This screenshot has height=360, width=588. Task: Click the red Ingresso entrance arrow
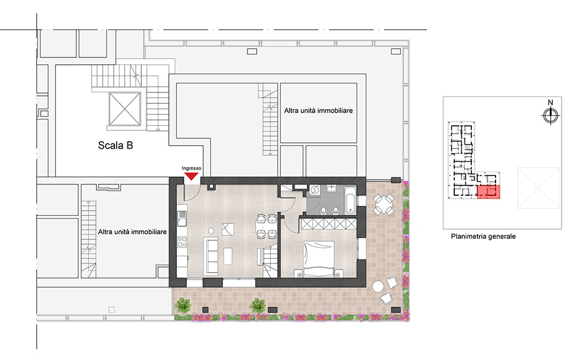coord(192,176)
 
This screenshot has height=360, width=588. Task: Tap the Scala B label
coord(115,145)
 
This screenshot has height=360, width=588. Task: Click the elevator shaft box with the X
coord(125,109)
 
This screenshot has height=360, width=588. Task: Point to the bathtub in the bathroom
coord(350,199)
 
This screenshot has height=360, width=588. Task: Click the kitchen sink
coord(182,218)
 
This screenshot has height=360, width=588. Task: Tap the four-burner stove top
coord(182,242)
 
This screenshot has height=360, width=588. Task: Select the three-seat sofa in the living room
coord(211,255)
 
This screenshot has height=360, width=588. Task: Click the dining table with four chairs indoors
coord(266,226)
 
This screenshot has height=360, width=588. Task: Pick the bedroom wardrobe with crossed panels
coord(329,224)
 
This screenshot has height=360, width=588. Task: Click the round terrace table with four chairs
coord(384,204)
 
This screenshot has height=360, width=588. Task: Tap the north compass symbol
coord(551,115)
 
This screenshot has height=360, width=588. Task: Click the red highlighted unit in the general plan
coord(488,192)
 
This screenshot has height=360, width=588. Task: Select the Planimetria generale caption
coord(483,236)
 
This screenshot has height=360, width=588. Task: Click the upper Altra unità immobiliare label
coord(318,111)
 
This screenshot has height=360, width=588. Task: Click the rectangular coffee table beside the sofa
coord(227,256)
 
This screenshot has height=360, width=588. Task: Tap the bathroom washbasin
coord(331,188)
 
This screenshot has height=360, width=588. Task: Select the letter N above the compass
coord(551,102)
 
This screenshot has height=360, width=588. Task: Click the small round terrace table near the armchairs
coord(378,287)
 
